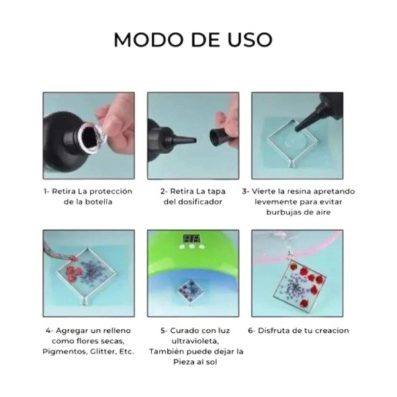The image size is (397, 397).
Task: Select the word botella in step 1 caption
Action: point(99,202)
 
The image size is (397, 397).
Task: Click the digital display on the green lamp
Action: point(192,238)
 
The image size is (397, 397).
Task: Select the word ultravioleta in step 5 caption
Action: point(195,341)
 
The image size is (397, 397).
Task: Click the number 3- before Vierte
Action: point(245,191)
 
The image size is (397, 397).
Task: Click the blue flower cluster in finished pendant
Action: point(294,287)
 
